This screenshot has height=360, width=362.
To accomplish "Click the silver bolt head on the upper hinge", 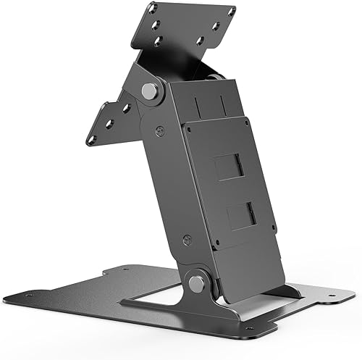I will click(151, 92).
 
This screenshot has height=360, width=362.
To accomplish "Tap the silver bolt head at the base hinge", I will click(196, 282).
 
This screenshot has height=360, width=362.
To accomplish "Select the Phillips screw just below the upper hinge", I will click(161, 131).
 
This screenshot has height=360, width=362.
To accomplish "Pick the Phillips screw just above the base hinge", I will click(188, 238).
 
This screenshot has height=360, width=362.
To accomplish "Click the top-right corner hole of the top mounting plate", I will click(232, 12).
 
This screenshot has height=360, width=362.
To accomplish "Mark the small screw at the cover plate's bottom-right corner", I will click(274, 234).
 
